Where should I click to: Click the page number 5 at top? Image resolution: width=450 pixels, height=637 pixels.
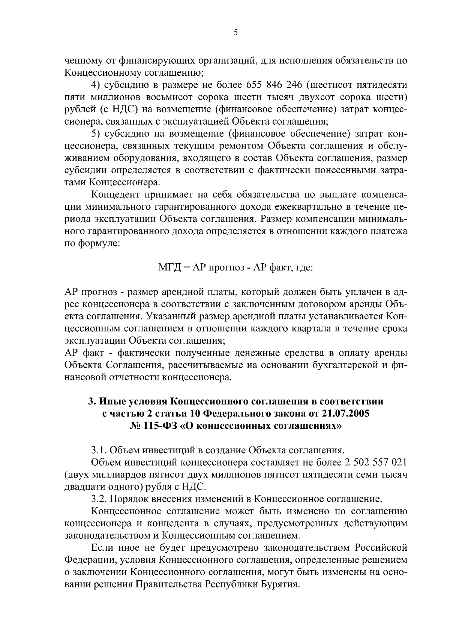(x=235, y=33)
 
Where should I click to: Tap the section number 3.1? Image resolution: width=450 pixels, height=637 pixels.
(x=99, y=450)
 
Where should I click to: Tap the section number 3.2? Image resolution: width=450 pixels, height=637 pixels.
(x=99, y=499)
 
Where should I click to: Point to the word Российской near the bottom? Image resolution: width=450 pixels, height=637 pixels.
(x=381, y=548)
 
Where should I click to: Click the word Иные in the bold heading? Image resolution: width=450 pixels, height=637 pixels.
(x=111, y=401)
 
